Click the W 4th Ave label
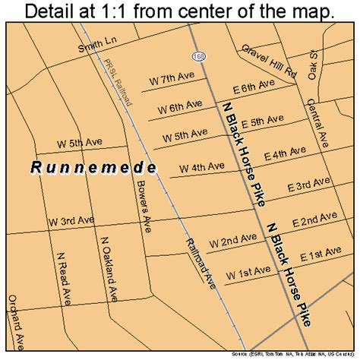coord(201,166)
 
